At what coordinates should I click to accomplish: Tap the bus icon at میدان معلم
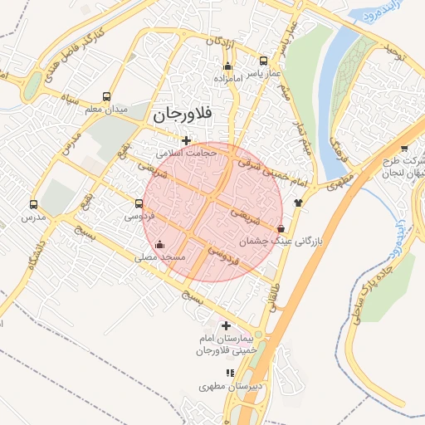[x=106, y=96]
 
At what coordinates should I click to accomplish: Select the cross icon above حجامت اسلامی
[x=187, y=140]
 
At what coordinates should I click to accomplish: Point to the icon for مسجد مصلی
[x=159, y=245]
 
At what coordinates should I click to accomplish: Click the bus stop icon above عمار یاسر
[x=264, y=61]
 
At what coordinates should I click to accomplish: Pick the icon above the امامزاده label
[x=228, y=66]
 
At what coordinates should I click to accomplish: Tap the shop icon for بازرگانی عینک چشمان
[x=281, y=228]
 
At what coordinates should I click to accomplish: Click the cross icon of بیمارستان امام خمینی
[x=226, y=325]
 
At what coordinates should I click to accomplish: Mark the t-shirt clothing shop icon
[x=298, y=202]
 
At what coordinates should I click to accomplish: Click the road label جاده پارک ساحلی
[x=371, y=277]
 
